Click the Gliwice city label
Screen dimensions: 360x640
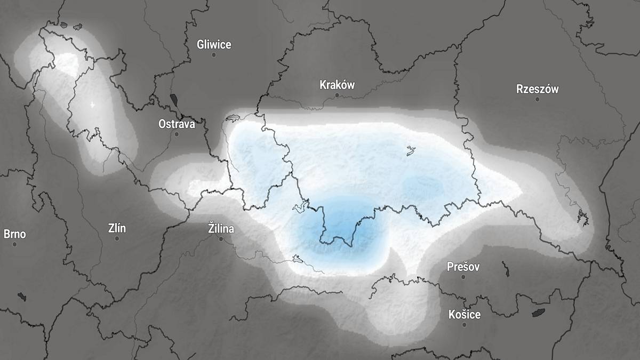(x=214, y=44)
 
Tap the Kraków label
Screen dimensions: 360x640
(x=337, y=85)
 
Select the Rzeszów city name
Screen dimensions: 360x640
(x=537, y=89)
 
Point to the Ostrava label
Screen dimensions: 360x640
(x=177, y=124)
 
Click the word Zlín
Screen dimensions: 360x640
(x=117, y=228)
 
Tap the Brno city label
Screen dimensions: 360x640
(x=14, y=234)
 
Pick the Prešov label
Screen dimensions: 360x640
(x=463, y=266)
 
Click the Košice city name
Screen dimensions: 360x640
(x=464, y=314)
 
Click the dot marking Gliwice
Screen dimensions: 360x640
(x=214, y=55)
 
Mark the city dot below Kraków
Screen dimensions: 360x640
(x=337, y=95)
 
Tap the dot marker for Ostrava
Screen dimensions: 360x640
(x=177, y=134)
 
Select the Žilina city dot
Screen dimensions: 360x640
(x=221, y=239)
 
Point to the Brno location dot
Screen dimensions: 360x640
(x=15, y=244)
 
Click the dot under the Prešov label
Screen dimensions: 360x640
(x=463, y=277)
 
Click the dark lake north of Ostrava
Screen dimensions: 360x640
(x=174, y=100)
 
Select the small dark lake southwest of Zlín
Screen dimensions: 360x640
(x=21, y=297)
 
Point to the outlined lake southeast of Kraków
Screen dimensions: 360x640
(x=411, y=151)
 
